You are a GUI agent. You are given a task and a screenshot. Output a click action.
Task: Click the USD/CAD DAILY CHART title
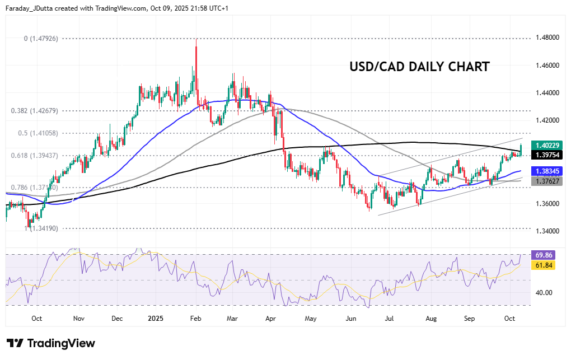click(x=419, y=67)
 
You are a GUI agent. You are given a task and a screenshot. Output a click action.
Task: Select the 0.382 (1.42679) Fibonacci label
click(x=42, y=111)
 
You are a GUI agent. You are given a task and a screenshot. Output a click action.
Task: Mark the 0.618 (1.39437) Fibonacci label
click(x=42, y=155)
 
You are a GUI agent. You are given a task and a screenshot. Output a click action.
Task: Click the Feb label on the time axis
click(x=196, y=318)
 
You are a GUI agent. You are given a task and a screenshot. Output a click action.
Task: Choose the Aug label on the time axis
click(x=430, y=318)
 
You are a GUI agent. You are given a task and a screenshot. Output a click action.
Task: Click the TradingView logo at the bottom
click(x=51, y=343)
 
